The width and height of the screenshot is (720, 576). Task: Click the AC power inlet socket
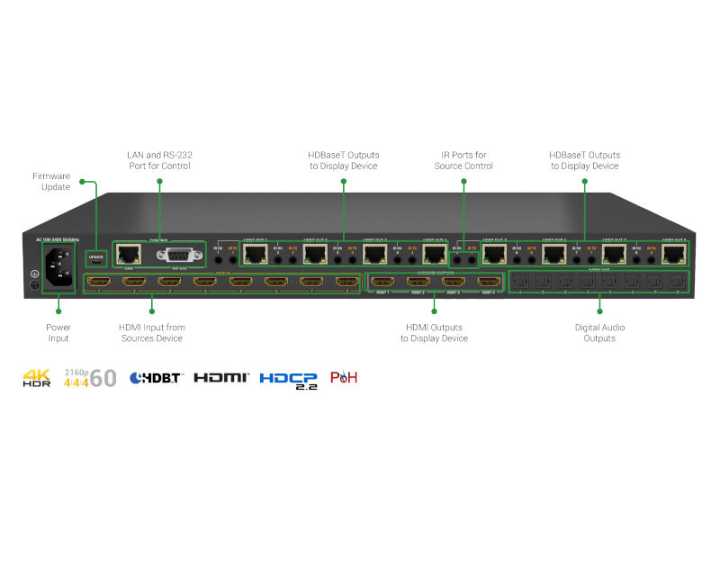point(58,267)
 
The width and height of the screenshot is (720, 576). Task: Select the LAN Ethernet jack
point(130,254)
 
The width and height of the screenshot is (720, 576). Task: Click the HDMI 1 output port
point(383,283)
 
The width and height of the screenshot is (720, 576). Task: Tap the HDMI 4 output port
point(489,283)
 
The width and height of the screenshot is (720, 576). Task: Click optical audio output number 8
point(678,283)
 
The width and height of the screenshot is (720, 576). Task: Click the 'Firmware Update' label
point(51,181)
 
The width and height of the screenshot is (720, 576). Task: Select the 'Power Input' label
point(58,333)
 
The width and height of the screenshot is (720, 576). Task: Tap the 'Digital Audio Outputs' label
point(599,333)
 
